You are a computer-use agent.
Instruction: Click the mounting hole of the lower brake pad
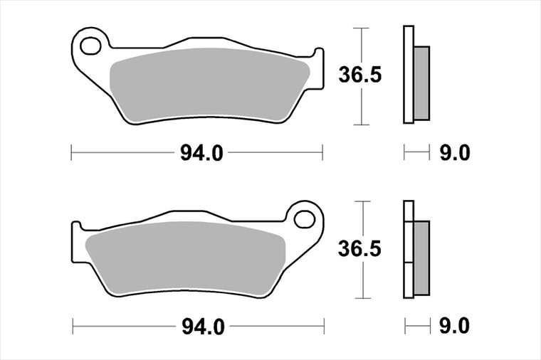tap(305, 219)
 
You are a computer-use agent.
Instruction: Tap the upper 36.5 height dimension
tap(360, 75)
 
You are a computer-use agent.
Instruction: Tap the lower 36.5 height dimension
tap(359, 248)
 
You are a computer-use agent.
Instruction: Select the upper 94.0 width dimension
tap(202, 153)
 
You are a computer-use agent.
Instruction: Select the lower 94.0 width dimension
tap(203, 327)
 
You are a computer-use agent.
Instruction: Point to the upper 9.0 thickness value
tap(455, 153)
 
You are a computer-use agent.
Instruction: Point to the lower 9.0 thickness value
tap(454, 326)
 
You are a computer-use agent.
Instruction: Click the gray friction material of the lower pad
tap(186, 259)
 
